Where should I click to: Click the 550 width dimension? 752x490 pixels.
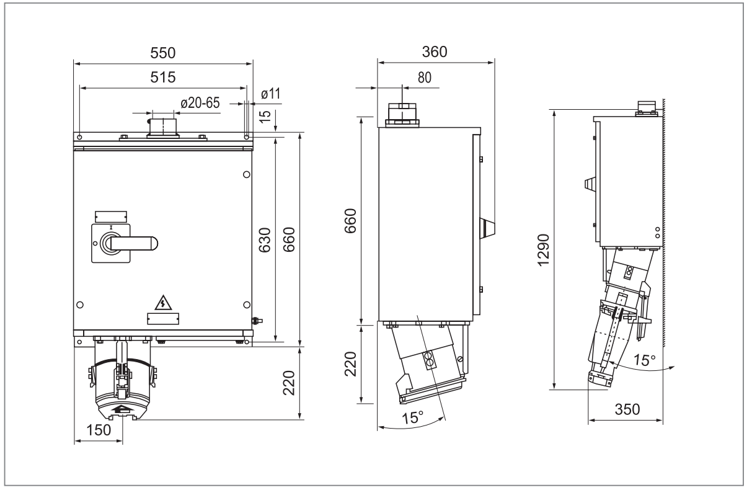coord(163,53)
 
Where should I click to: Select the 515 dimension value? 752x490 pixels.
coord(163,78)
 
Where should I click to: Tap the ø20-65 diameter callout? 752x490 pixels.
coord(200,103)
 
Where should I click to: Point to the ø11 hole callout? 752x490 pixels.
coord(270,94)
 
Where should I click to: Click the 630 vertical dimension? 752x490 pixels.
coord(265,240)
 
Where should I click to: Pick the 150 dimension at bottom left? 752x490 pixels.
coord(99,430)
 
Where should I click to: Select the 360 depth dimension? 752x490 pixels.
coord(435,52)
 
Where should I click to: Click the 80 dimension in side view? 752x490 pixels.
coord(424,78)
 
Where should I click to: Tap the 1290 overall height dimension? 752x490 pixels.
coord(544,250)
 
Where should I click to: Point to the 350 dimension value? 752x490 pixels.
coord(627,409)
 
